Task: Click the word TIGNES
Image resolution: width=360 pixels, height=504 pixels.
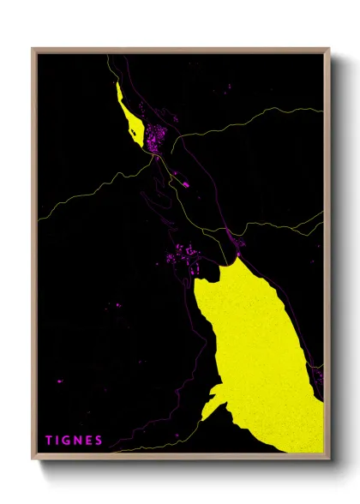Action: click(75, 441)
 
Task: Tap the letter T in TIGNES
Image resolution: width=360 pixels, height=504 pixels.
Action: click(49, 441)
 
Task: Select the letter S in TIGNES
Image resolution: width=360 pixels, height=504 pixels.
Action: click(99, 441)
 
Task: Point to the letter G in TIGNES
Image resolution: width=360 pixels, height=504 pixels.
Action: click(69, 441)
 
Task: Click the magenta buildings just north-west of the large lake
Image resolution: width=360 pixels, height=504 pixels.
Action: click(184, 255)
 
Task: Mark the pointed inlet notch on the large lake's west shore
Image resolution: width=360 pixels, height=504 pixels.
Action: click(212, 394)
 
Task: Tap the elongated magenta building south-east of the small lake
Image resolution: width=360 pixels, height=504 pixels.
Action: click(183, 182)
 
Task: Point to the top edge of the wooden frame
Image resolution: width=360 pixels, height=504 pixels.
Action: click(180, 50)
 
